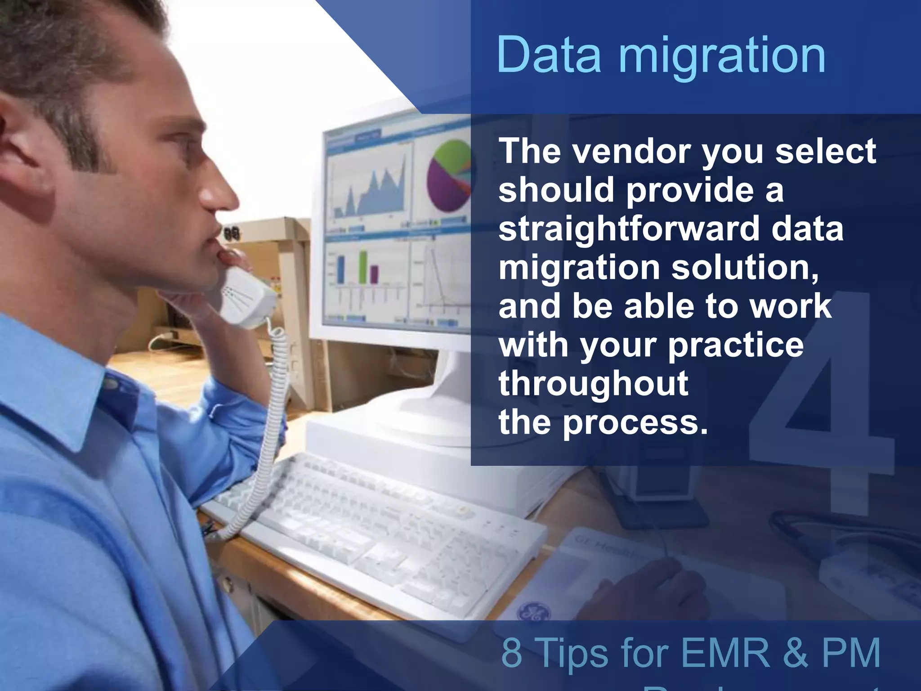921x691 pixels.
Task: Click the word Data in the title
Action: click(549, 55)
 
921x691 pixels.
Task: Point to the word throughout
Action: click(593, 383)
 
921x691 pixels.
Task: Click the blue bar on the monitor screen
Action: click(341, 269)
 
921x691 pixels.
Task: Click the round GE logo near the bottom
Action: click(532, 612)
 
